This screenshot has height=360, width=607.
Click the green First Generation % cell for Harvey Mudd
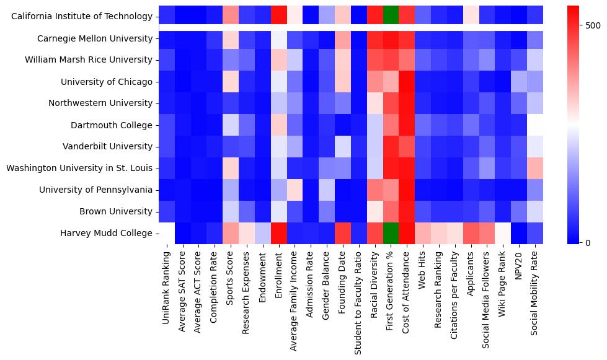[391, 233]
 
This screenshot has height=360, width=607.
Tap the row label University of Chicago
[107, 82]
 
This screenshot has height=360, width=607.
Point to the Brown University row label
[115, 211]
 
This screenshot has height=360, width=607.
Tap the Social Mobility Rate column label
[536, 291]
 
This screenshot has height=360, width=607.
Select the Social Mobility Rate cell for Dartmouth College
[536, 125]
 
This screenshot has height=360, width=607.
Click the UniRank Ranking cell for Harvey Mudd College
[167, 233]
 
